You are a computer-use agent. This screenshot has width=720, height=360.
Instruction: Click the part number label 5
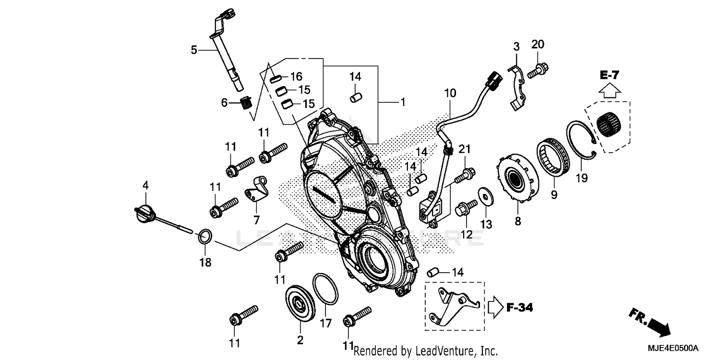(x=194, y=49)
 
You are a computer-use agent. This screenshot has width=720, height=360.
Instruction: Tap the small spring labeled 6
(x=246, y=102)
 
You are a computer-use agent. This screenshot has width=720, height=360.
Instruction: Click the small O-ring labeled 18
(x=205, y=236)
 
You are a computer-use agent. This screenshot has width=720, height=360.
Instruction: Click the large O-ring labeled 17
(x=325, y=289)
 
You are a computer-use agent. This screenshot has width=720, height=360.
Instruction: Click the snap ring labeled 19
(x=581, y=140)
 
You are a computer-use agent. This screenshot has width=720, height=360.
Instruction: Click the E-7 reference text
(x=609, y=75)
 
